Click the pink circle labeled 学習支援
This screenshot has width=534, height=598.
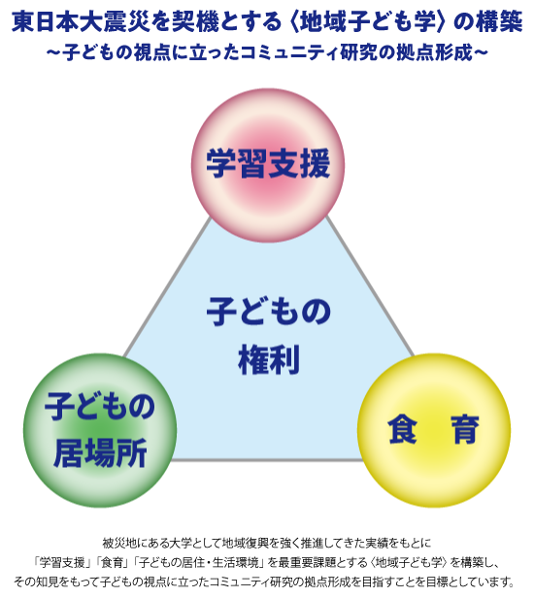(268, 165)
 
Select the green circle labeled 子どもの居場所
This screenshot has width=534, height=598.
(100, 430)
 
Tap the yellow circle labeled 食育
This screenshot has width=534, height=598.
(434, 430)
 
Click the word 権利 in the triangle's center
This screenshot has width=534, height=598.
(269, 359)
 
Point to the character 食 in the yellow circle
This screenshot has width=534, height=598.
(402, 430)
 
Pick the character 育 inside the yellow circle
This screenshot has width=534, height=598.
(464, 430)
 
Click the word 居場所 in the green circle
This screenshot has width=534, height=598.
(100, 453)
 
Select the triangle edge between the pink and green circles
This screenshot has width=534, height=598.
(168, 287)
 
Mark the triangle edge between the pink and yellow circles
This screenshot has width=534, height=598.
(369, 286)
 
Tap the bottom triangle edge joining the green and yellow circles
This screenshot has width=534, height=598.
(267, 460)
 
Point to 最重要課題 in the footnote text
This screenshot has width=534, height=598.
(307, 562)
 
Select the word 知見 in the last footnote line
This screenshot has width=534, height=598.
(49, 582)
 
